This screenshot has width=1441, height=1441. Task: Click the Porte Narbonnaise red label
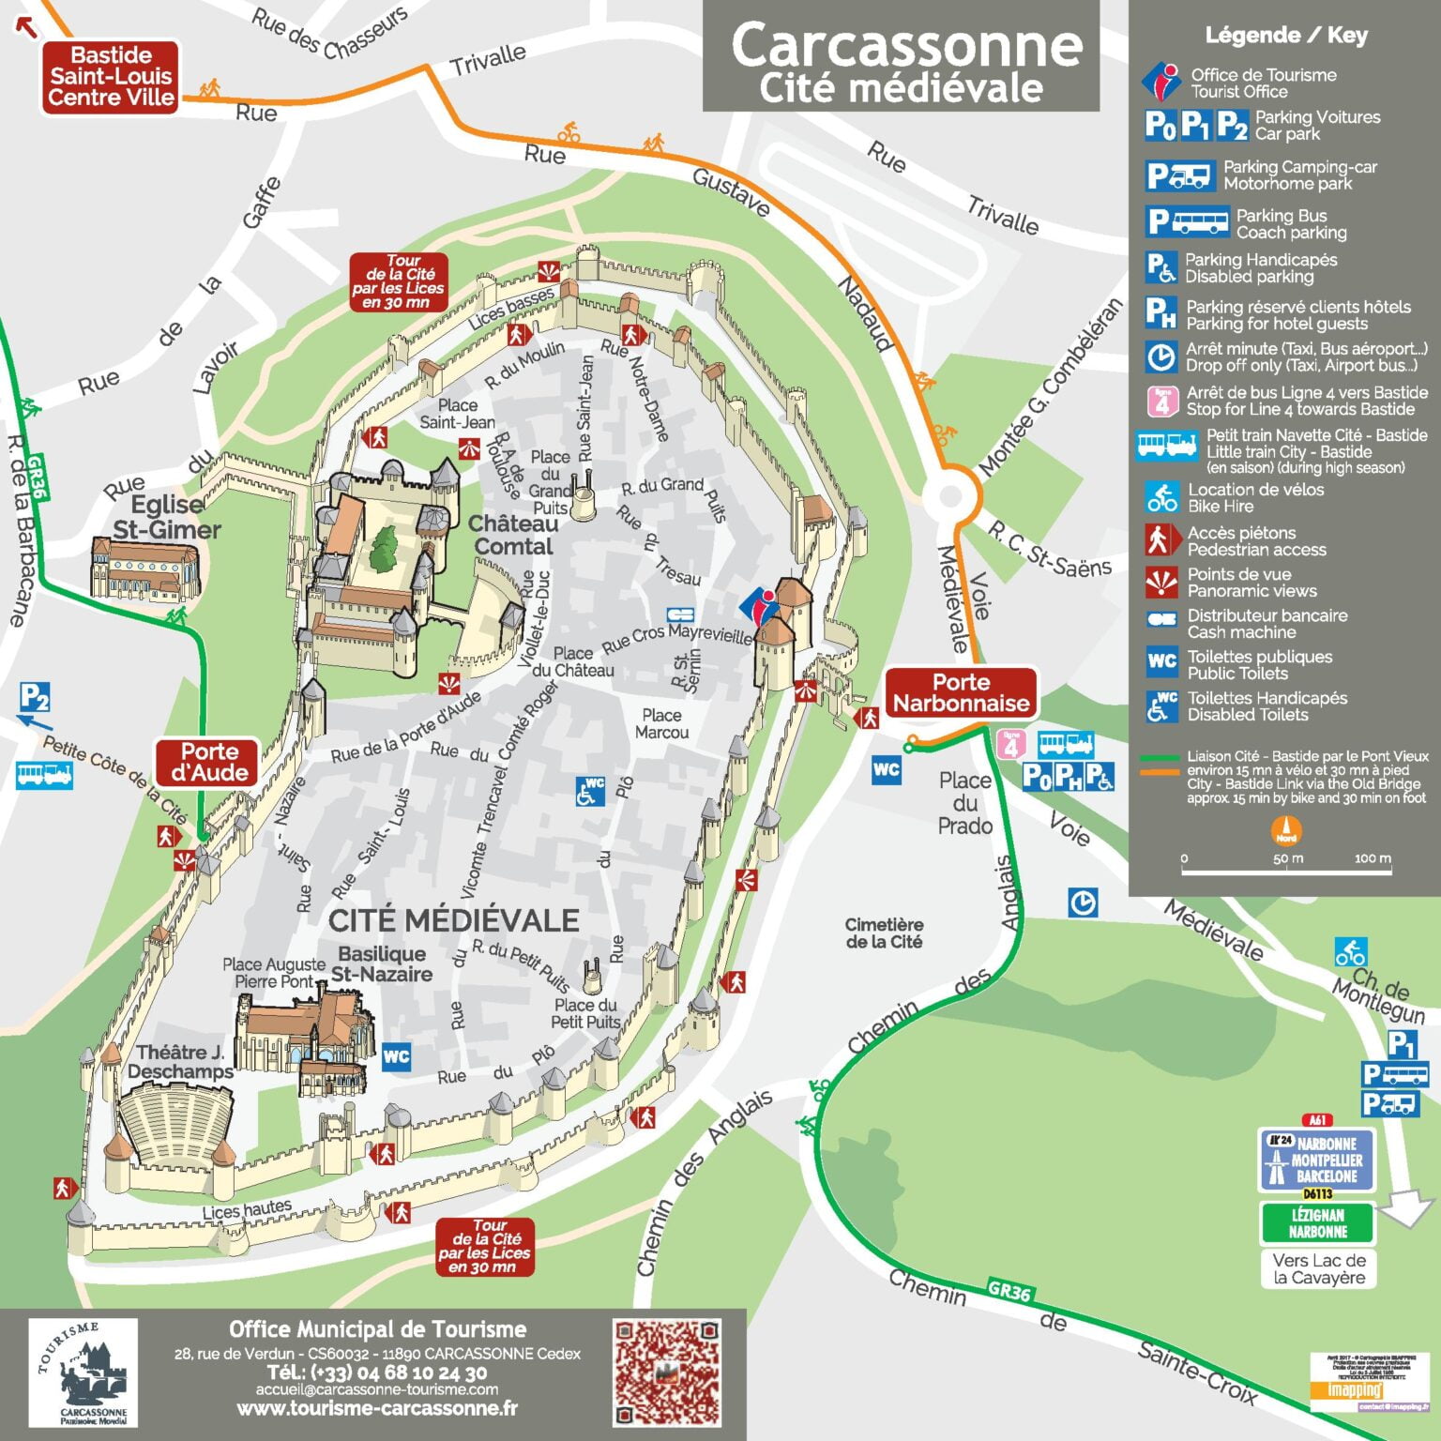(x=961, y=693)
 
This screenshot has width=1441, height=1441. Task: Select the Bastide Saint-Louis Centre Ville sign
(x=111, y=77)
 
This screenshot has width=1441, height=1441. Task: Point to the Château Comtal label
(x=512, y=535)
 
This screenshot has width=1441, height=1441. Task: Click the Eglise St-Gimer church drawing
(x=145, y=569)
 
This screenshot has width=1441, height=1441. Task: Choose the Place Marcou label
(x=661, y=724)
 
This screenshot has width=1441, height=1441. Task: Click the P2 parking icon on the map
(x=35, y=697)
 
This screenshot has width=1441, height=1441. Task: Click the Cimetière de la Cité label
(x=884, y=933)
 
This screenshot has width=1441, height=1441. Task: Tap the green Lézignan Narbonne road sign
(x=1317, y=1223)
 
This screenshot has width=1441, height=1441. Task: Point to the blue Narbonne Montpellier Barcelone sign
(x=1316, y=1160)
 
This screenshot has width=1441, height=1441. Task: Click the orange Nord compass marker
(x=1285, y=831)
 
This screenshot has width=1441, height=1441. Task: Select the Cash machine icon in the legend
(x=1161, y=620)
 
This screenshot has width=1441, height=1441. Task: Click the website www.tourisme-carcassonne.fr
(x=377, y=1408)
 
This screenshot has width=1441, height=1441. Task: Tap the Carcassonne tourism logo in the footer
(x=83, y=1371)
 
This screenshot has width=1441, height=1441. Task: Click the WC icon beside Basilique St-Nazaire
(x=396, y=1056)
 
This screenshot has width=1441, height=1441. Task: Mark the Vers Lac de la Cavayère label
(x=1318, y=1268)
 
